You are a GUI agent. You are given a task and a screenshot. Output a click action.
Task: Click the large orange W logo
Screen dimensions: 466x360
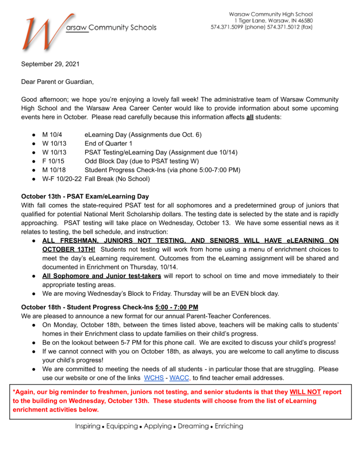click(41, 34)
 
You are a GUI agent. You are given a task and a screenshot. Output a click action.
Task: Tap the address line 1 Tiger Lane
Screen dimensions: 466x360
click(246, 21)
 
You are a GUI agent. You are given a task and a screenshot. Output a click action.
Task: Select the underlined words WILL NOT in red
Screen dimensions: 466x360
click(306, 392)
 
